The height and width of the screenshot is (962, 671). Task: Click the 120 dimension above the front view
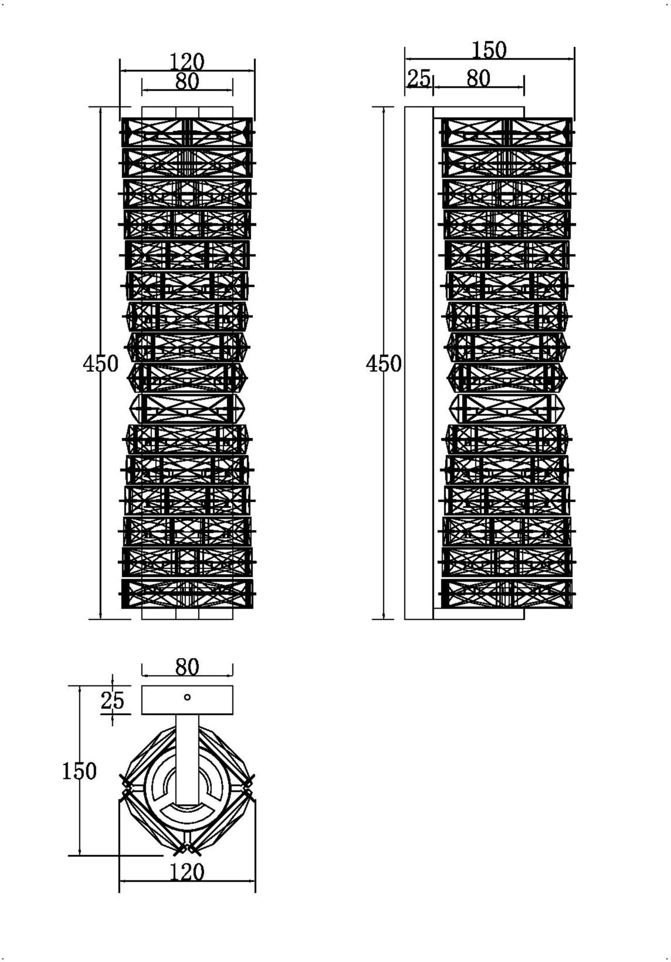(187, 62)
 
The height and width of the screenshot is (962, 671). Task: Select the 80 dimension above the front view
(187, 81)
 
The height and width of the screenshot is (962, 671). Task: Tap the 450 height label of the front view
(100, 364)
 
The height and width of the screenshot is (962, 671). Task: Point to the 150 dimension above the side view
(489, 50)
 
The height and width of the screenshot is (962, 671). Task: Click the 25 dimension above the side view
(418, 78)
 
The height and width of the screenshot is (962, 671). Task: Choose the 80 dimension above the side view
(478, 78)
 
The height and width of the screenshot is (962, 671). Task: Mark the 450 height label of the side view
(383, 364)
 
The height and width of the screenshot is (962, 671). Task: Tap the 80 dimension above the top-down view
(187, 667)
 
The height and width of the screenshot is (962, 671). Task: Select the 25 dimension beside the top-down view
(112, 700)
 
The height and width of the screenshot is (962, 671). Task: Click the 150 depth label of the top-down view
(79, 771)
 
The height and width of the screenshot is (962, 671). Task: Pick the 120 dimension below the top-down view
(187, 872)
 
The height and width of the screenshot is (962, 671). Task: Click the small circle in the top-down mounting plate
(187, 697)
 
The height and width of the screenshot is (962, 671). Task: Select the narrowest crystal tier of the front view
(187, 409)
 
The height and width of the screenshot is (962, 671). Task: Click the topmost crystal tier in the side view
(507, 132)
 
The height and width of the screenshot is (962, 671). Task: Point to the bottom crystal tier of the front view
(187, 594)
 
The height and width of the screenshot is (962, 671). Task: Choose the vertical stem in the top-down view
(187, 757)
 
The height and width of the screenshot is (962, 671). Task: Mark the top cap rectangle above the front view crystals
(187, 112)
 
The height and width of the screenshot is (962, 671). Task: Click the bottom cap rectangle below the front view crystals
(187, 614)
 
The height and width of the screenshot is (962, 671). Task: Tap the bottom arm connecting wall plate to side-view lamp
(479, 614)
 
